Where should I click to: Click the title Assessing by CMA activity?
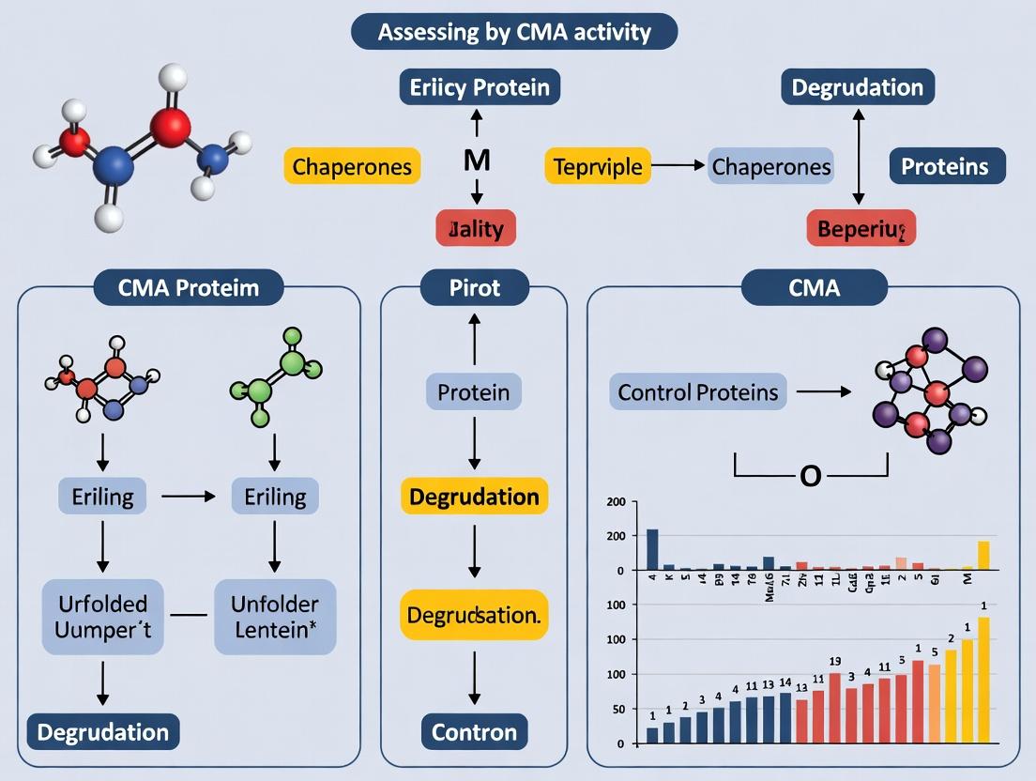coord(513,32)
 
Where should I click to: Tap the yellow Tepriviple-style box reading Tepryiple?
coord(598,167)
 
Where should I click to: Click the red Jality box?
coord(476,228)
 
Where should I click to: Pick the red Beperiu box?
coord(861,228)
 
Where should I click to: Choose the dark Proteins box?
coord(946,166)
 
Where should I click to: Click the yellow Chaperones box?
coord(352,167)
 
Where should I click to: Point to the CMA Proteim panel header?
coord(189,287)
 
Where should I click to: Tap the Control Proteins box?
coord(697,391)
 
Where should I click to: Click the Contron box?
coord(474,731)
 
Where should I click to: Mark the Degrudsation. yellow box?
coord(474,615)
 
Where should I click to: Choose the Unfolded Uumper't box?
coord(102,616)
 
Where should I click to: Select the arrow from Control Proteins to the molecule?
coord(821,391)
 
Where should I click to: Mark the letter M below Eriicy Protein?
coord(477,160)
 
